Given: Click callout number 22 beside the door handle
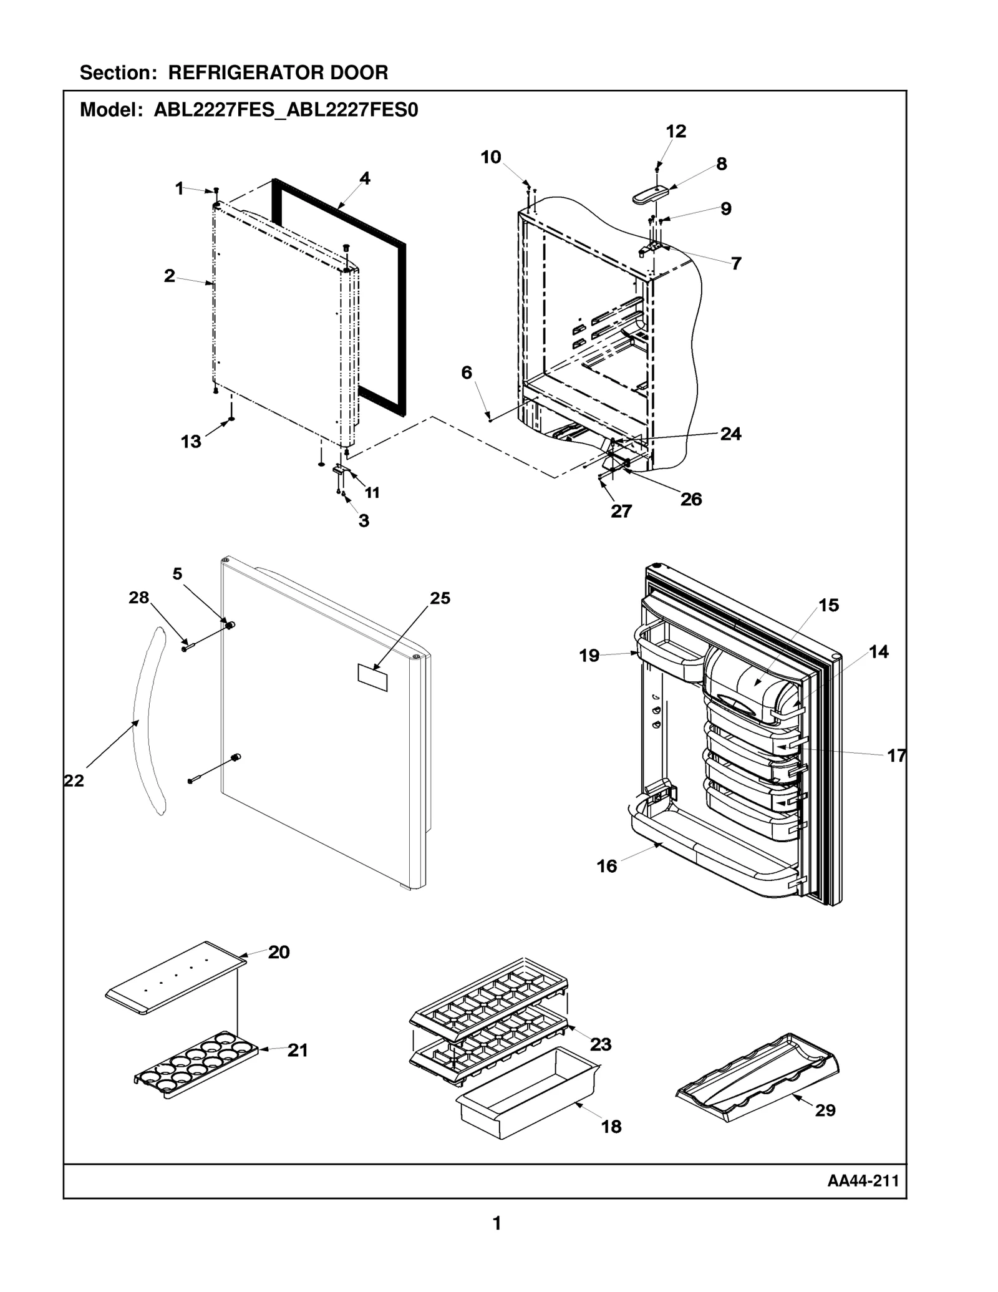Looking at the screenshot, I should [74, 780].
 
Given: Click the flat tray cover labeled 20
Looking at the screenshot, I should [175, 979].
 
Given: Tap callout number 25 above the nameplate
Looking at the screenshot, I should [440, 598].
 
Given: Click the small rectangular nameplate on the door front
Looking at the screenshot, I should [372, 678].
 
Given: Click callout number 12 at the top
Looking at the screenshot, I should [676, 132].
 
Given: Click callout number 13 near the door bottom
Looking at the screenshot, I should [191, 442].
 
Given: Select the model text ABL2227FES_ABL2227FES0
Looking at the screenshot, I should [286, 110].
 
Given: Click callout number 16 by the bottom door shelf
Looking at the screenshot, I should [606, 866].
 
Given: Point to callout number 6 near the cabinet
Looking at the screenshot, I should [467, 373].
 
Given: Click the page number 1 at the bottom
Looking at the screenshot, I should [497, 1223].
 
